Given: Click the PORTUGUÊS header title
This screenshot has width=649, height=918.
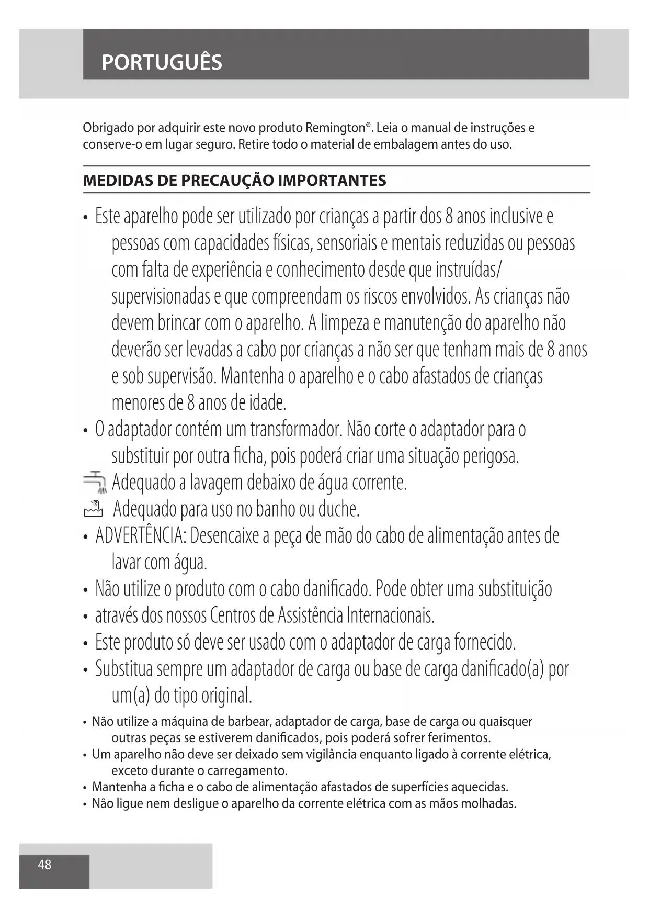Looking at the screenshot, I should [162, 62].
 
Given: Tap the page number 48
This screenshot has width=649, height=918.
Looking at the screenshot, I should [44, 864].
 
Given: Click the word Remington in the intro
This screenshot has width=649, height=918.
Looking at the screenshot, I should [335, 128].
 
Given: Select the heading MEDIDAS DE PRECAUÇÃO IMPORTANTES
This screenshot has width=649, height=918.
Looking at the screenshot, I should [234, 181].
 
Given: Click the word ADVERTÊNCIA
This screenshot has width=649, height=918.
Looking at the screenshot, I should [140, 536].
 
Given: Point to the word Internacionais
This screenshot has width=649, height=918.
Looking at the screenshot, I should [390, 616].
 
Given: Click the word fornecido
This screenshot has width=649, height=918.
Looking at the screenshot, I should [482, 642].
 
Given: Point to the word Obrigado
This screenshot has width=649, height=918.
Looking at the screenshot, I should [108, 128].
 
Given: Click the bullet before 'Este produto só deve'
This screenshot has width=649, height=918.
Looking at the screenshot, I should [85, 643].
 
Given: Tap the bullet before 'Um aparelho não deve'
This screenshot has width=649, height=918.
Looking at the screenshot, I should [85, 755].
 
